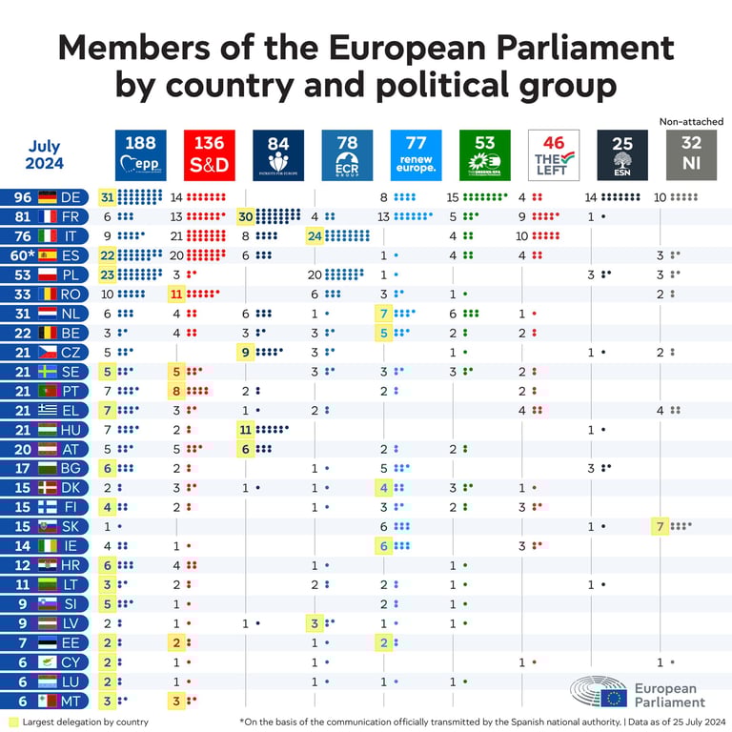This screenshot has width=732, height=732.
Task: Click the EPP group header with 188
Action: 140,155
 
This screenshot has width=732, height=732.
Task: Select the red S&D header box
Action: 209,155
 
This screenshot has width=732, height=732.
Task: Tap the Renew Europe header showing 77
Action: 415,155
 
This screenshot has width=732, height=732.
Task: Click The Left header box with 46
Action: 553,155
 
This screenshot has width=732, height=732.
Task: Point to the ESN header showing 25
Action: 622,155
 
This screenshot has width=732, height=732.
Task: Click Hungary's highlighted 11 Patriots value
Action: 246,430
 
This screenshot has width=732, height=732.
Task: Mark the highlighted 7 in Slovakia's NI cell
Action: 660,526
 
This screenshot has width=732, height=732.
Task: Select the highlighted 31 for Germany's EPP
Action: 107,198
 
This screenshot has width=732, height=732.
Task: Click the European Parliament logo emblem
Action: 599,694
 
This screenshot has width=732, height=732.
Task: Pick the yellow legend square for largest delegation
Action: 12,722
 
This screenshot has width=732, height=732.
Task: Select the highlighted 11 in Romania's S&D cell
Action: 176,295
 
